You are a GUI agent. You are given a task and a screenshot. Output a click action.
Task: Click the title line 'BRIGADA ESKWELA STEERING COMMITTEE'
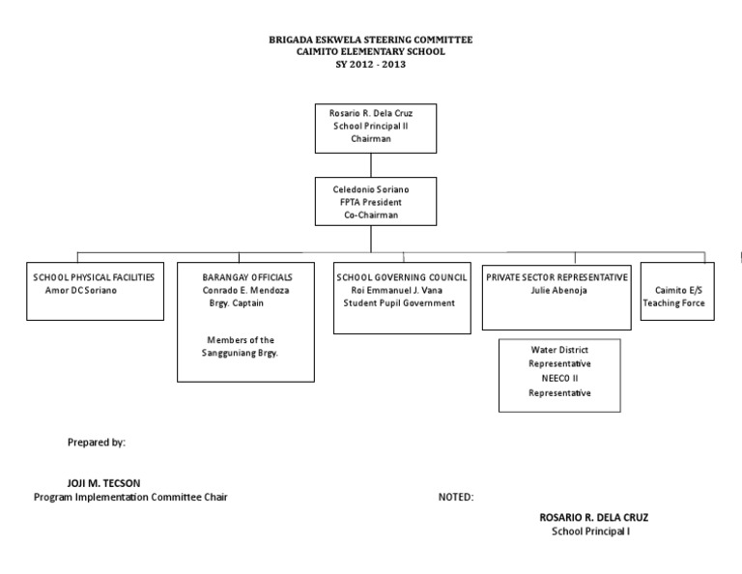(x=371, y=40)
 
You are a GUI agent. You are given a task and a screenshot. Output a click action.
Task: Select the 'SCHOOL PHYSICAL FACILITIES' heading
(x=94, y=277)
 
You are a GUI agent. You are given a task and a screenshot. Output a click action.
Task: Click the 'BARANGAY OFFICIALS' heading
(x=246, y=277)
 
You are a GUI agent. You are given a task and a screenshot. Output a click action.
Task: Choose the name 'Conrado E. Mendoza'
(x=246, y=290)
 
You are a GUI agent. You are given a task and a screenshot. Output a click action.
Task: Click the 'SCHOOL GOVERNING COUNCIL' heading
(x=402, y=277)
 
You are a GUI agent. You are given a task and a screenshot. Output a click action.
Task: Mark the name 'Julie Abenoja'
(x=558, y=290)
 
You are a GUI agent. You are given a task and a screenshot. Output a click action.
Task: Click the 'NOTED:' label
(x=456, y=498)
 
